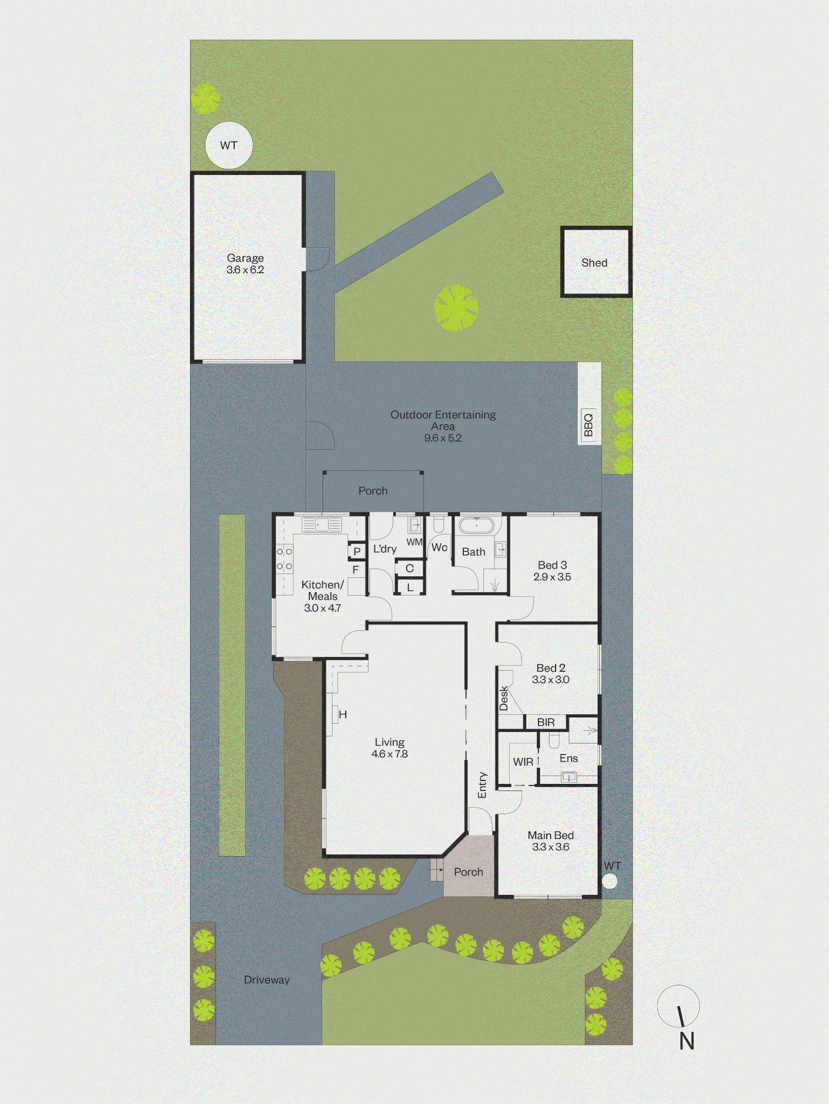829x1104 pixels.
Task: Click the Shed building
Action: (x=596, y=262)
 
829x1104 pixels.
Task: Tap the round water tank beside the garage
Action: (x=229, y=145)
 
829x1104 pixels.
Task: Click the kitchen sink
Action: (x=321, y=524)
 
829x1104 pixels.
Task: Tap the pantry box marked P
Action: (x=357, y=551)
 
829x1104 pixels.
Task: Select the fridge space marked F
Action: (x=356, y=569)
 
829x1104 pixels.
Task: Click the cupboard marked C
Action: (x=409, y=568)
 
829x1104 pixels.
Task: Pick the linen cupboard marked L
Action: (x=409, y=587)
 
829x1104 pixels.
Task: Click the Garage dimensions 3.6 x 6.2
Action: (x=245, y=270)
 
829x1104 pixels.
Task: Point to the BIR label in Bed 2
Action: (x=546, y=722)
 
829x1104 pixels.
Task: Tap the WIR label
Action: (x=523, y=762)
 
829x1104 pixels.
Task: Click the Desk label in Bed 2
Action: (x=504, y=698)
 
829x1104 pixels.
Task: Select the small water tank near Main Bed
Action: (x=610, y=881)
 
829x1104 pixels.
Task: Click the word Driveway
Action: (x=267, y=980)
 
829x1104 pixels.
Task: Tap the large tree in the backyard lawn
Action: (x=456, y=308)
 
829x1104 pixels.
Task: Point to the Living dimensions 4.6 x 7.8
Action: (x=389, y=754)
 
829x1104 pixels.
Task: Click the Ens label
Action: (x=568, y=758)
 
